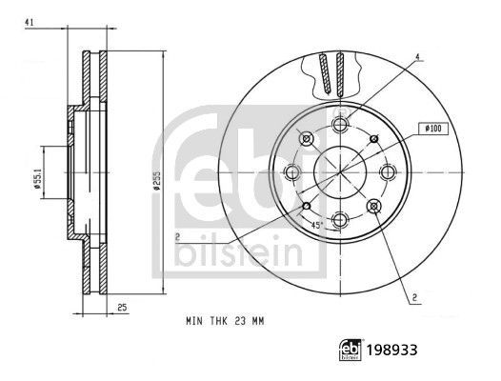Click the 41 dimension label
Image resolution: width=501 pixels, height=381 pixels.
coord(30,22)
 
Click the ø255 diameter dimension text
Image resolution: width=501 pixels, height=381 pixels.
coord(156,181)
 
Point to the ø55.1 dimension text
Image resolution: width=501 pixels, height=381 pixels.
coord(37,181)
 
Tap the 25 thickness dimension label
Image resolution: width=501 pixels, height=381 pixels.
coord(122,308)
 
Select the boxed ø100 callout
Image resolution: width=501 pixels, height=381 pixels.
coord(433,129)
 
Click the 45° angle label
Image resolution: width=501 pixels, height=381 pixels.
coord(317,225)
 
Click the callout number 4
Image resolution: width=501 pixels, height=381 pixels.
coord(417,57)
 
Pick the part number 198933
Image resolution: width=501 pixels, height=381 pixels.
coord(391,350)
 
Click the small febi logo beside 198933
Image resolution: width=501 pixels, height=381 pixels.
coord(351,350)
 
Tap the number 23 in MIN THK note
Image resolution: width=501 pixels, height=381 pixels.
coord(240,321)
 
